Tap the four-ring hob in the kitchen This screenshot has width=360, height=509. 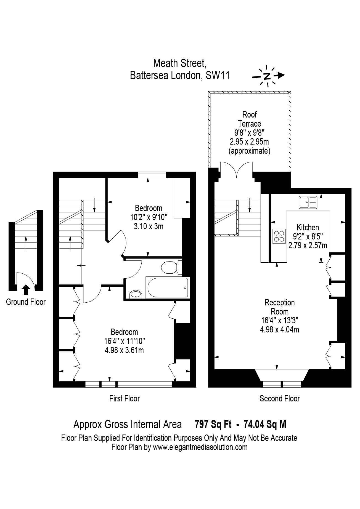[x=279, y=236]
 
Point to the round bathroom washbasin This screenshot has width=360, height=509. [x=135, y=294]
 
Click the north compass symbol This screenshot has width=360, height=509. [x=268, y=76]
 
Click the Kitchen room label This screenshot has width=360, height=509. [x=308, y=227]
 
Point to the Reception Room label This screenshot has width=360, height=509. [x=280, y=307]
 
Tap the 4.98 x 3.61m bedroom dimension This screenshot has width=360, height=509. [x=124, y=350]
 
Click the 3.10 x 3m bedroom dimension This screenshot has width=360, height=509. [x=149, y=226]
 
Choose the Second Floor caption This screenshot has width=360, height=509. [x=280, y=398]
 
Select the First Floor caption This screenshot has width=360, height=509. [x=125, y=398]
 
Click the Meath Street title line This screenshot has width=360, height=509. [x=180, y=64]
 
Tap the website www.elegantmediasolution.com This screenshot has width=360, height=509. [x=200, y=447]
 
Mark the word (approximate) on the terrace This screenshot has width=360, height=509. [x=250, y=151]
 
